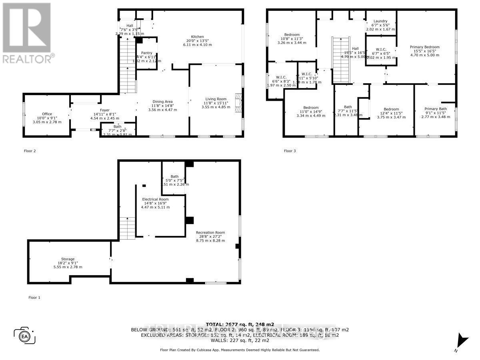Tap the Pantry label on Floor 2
[x=146, y=53]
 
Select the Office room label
[x=47, y=114]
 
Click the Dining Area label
[x=162, y=102]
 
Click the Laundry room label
[x=380, y=21]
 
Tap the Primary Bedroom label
[x=424, y=47]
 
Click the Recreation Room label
[x=210, y=232]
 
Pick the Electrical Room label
[x=155, y=199]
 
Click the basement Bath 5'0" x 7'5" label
[x=174, y=176]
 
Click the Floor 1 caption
[x=34, y=298]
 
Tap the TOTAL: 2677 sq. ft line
[x=240, y=324]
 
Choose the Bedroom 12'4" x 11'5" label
[x=391, y=109]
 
